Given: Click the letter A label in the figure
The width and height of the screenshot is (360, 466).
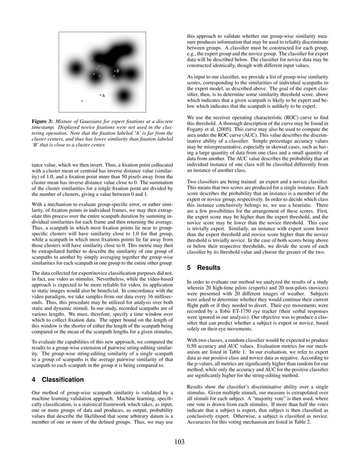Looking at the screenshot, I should pos(103,96).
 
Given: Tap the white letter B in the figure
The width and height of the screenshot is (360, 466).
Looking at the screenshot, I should pos(117,71).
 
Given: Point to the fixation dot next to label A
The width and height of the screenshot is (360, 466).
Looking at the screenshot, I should pos(100,95).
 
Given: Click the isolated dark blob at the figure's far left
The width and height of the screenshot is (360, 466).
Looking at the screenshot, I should pos(74,69).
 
